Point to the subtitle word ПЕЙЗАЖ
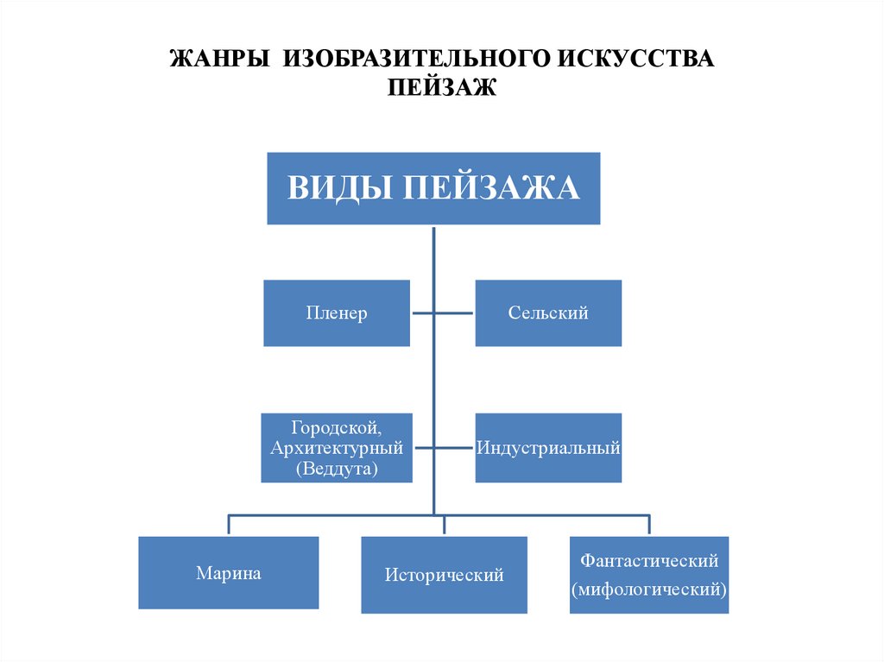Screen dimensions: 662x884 click(442, 87)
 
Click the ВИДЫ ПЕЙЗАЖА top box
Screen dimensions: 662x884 click(433, 188)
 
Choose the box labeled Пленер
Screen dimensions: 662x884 click(337, 313)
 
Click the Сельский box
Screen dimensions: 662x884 click(548, 313)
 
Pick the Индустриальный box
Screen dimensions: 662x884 click(548, 448)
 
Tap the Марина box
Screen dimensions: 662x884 click(229, 572)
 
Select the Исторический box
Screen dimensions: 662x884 click(444, 575)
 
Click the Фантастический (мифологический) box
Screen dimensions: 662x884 click(649, 575)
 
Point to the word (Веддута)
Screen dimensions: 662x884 click(337, 469)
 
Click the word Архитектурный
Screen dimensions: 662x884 click(337, 448)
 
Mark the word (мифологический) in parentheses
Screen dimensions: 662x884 click(649, 590)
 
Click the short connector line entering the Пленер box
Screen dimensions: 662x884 click(421, 313)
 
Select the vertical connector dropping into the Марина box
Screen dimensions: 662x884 click(229, 525)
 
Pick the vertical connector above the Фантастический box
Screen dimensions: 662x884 click(649, 525)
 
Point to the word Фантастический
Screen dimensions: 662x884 click(649, 561)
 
